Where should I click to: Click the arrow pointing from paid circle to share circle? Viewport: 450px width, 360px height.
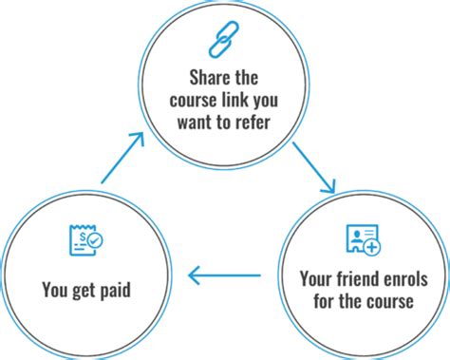coord(123,158)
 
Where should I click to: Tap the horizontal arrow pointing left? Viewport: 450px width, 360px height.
coord(224,276)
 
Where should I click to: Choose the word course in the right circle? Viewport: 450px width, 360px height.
coord(395,302)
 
